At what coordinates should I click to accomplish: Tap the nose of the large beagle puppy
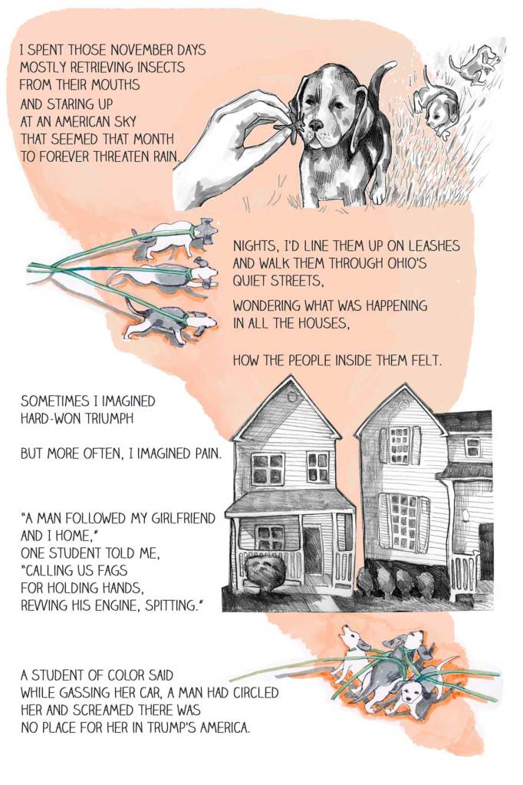316,124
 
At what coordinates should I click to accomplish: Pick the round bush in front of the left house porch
265,571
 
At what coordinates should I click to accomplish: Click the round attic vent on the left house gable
293,397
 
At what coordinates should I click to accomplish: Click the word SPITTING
172,605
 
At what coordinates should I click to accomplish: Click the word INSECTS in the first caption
160,67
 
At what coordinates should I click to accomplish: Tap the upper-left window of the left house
268,469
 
